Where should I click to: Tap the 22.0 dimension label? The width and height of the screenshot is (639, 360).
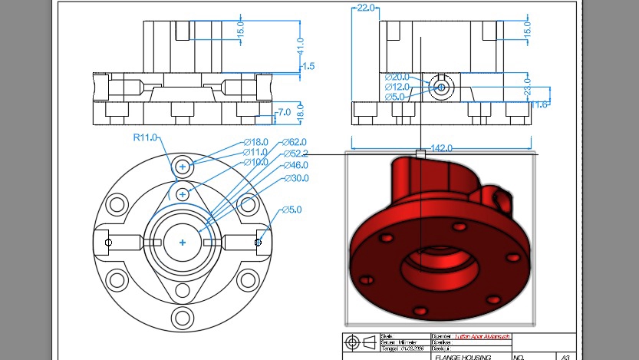click(365, 8)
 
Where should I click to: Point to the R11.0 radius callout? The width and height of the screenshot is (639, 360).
click(145, 137)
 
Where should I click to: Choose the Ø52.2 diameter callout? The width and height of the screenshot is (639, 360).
click(295, 154)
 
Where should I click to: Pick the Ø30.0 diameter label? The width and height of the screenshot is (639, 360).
click(295, 178)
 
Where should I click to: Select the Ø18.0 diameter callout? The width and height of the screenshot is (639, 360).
click(255, 142)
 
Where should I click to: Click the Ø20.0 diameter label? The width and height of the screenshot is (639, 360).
click(397, 77)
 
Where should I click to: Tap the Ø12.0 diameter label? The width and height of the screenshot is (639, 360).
click(397, 87)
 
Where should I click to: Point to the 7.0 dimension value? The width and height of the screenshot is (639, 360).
click(284, 112)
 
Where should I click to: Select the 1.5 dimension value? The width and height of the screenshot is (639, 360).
click(308, 67)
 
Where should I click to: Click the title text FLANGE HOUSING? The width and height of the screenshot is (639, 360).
click(458, 357)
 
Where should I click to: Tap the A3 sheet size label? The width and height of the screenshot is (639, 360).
click(565, 357)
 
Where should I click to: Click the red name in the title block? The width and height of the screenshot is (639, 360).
click(482, 336)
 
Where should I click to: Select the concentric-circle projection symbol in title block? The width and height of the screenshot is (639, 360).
click(352, 341)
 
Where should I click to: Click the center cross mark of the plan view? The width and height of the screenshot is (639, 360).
click(183, 243)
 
